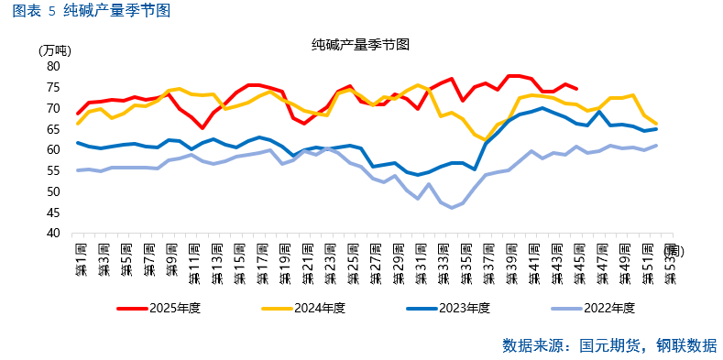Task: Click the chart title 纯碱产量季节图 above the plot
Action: (359, 44)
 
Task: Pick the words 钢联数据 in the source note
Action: (687, 345)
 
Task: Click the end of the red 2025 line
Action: (576, 89)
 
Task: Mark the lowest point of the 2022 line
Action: (452, 208)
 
